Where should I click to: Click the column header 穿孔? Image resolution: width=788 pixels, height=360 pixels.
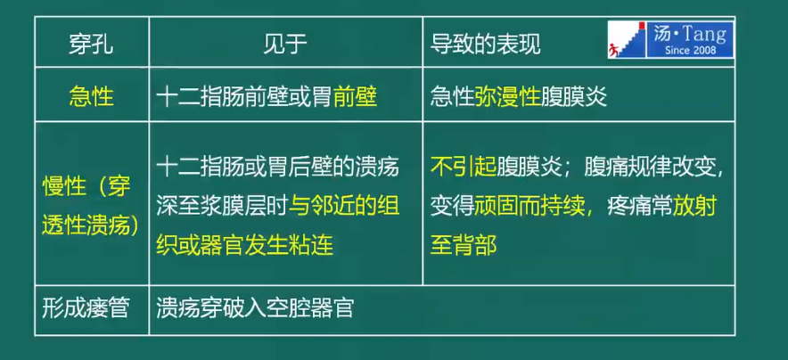click(x=91, y=45)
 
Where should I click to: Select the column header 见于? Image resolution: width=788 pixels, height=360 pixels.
click(x=285, y=45)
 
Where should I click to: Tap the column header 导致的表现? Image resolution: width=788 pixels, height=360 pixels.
click(x=486, y=45)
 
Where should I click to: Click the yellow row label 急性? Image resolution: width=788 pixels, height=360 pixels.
click(x=91, y=97)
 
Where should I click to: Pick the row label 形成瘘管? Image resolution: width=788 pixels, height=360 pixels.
click(x=85, y=308)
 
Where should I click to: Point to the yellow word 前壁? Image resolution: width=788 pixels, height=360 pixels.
click(x=355, y=97)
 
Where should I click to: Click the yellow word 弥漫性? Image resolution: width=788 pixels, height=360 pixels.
click(x=507, y=97)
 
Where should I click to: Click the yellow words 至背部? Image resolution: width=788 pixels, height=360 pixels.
click(x=464, y=246)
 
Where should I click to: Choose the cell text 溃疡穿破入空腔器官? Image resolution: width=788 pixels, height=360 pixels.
click(x=255, y=308)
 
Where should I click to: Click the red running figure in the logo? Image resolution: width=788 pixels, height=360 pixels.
click(x=612, y=50)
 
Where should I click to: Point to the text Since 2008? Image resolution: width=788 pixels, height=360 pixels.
click(x=691, y=50)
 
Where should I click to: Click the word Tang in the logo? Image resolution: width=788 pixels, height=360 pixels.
click(x=708, y=35)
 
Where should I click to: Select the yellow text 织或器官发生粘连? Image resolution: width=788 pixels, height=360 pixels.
click(x=245, y=246)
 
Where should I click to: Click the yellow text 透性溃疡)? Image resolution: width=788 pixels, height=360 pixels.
click(x=91, y=226)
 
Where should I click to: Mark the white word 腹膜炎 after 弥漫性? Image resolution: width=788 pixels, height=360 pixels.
click(x=574, y=97)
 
